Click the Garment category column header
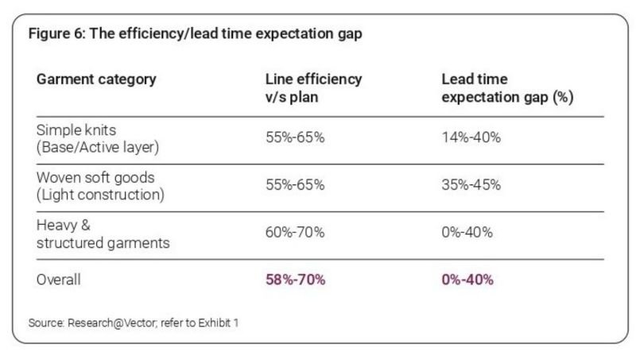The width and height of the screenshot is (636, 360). pyautogui.click(x=96, y=79)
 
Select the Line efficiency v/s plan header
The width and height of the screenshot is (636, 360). pyautogui.click(x=313, y=88)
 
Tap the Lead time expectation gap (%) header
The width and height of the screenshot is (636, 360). pyautogui.click(x=507, y=88)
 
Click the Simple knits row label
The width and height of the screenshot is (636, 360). pyautogui.click(x=98, y=138)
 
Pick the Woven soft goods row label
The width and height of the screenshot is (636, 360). pyautogui.click(x=100, y=186)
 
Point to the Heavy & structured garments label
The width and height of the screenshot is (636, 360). pyautogui.click(x=103, y=234)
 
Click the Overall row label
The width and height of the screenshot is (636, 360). pyautogui.click(x=58, y=280)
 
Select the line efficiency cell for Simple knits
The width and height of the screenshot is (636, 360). pyautogui.click(x=295, y=137)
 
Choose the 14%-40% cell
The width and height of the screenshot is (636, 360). pyautogui.click(x=471, y=137)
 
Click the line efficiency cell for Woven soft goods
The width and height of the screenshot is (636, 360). pyautogui.click(x=295, y=185)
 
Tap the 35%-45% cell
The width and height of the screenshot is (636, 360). pyautogui.click(x=471, y=185)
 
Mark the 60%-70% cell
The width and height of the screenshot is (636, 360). pyautogui.click(x=295, y=232)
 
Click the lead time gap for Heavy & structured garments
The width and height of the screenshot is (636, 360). pyautogui.click(x=467, y=232)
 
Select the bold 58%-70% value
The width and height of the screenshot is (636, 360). pyautogui.click(x=295, y=280)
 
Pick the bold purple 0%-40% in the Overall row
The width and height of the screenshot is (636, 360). pyautogui.click(x=467, y=280)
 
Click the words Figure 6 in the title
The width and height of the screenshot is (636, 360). pyautogui.click(x=56, y=33)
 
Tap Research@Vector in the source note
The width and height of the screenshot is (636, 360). pyautogui.click(x=111, y=323)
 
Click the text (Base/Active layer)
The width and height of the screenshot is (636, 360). pyautogui.click(x=98, y=147)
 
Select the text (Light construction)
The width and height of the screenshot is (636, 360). pyautogui.click(x=100, y=195)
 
